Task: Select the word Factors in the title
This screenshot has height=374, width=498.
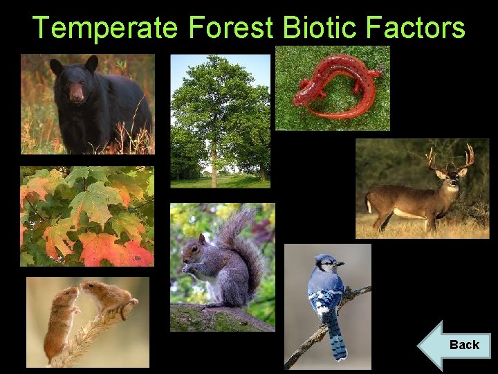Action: click(x=423, y=28)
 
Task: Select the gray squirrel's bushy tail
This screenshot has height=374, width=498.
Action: click(x=243, y=246)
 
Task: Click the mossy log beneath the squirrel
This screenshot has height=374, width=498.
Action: click(x=214, y=317)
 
